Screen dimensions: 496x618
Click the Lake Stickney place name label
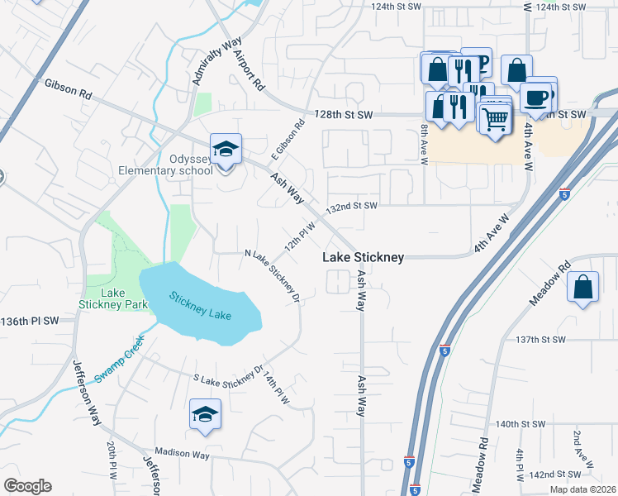tap(363, 258)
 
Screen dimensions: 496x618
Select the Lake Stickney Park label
tap(113, 298)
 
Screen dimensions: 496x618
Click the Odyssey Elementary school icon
tap(226, 150)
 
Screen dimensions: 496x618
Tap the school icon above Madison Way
tap(205, 415)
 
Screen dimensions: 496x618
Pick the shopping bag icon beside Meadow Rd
tap(583, 288)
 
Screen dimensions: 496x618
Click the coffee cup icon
tap(537, 97)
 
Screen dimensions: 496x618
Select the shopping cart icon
tap(495, 117)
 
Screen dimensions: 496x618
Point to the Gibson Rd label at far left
tap(69, 84)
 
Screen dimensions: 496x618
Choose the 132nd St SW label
tap(351, 206)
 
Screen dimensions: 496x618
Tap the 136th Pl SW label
tap(31, 321)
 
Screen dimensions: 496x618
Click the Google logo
tap(27, 486)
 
